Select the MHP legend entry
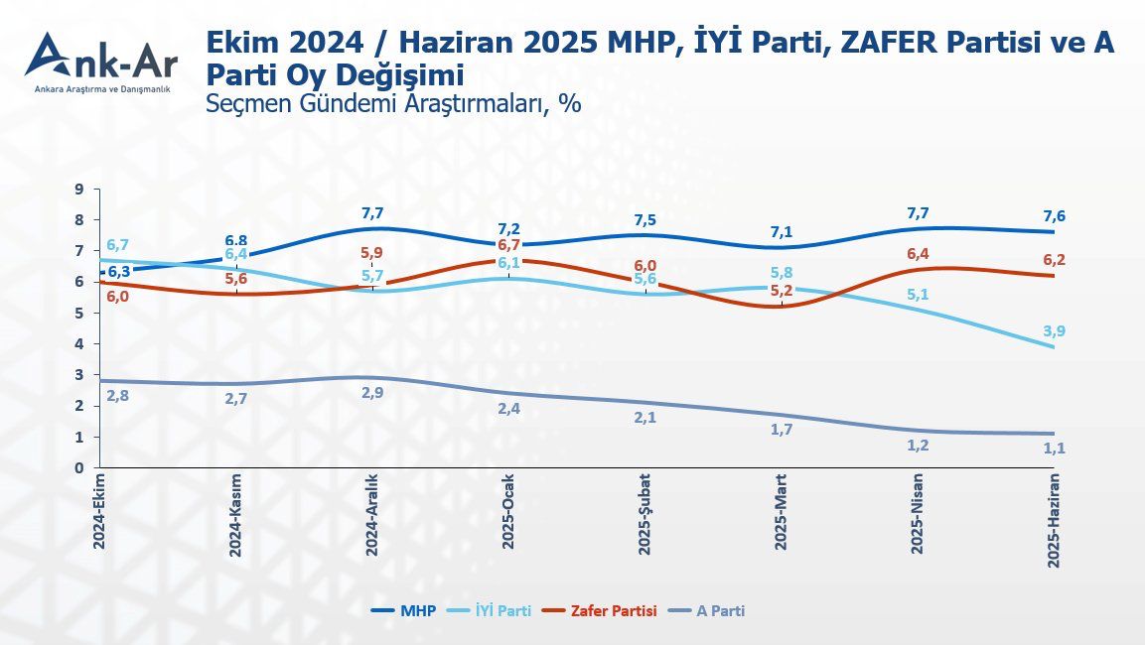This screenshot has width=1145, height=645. tap(403, 611)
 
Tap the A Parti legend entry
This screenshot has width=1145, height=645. tap(707, 611)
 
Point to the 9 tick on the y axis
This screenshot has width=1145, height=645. tap(78, 189)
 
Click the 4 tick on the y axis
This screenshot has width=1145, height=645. tap(78, 343)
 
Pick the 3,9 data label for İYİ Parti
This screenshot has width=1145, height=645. tap(1054, 331)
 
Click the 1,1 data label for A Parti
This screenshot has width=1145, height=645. tap(1054, 449)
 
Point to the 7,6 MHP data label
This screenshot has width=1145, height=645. tap(1054, 216)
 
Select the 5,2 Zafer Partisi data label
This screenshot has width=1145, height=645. tap(782, 291)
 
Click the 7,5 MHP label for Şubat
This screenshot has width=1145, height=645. tap(644, 220)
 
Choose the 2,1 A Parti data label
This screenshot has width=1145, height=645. tap(644, 417)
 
